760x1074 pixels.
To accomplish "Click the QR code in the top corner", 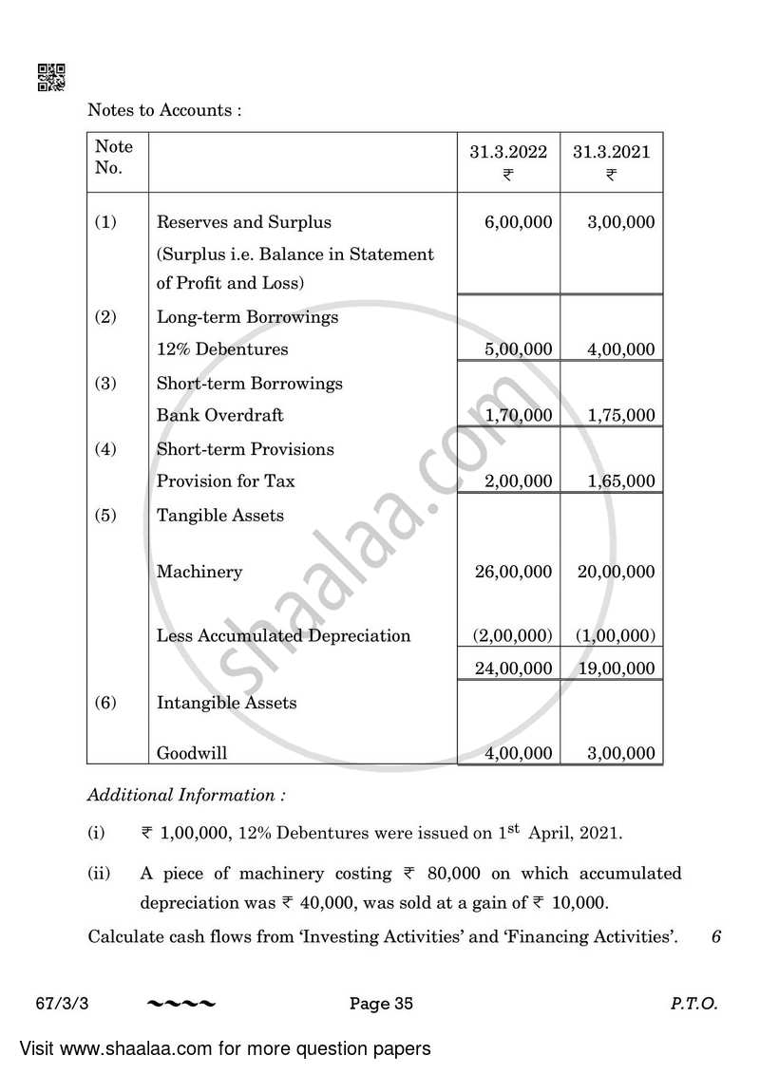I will coord(50,77).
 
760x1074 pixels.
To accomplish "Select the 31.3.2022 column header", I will coord(508,152).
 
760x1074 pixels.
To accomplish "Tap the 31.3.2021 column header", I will coord(612,152).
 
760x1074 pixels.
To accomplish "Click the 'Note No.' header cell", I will coord(114,157).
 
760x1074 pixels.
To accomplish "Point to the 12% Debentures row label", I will coord(221,349).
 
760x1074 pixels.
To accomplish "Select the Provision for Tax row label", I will coord(225,481).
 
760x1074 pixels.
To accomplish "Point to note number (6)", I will coord(104,703).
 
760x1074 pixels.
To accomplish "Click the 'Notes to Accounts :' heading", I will coord(164,110).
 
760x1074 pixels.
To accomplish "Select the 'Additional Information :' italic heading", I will coord(186,795).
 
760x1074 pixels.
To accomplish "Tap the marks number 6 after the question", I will coord(715,937).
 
